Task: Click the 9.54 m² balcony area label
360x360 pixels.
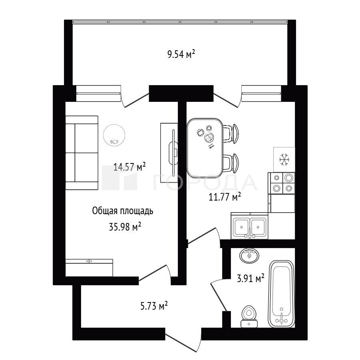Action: click(181, 55)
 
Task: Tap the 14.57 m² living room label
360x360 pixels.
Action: click(129, 167)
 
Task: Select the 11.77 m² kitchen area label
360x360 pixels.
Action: click(225, 197)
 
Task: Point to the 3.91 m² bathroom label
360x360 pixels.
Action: click(251, 278)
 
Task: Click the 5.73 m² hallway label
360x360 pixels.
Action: click(154, 306)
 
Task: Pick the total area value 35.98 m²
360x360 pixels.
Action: click(125, 227)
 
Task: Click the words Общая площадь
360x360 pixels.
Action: click(123, 211)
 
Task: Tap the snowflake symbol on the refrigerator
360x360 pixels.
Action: click(284, 159)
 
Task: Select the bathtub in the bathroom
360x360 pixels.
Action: click(281, 294)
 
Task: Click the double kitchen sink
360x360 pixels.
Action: click(250, 226)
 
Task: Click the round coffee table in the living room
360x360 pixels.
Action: click(114, 135)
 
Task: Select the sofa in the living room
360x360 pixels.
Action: click(82, 153)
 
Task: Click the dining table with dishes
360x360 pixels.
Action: click(205, 148)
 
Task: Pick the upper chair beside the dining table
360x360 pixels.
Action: click(231, 134)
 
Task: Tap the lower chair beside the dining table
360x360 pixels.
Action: click(231, 163)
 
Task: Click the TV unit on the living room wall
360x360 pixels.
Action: click(169, 153)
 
